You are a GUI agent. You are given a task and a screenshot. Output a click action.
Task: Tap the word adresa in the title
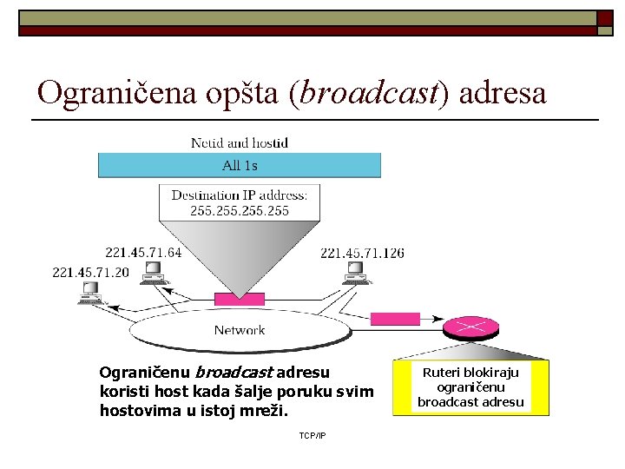pyautogui.click(x=503, y=92)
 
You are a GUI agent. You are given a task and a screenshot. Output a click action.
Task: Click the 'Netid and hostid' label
pyautogui.click(x=240, y=142)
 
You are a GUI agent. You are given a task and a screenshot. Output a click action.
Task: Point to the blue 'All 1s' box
pyautogui.click(x=240, y=165)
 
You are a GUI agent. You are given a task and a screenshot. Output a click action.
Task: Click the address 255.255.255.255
pyautogui.click(x=240, y=211)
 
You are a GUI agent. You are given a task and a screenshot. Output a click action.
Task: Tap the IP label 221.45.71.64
pyautogui.click(x=144, y=253)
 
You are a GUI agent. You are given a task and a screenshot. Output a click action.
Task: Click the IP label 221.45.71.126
pyautogui.click(x=362, y=253)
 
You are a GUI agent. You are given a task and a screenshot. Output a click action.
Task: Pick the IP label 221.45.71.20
pyautogui.click(x=90, y=272)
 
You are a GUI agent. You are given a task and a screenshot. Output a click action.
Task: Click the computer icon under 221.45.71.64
pyautogui.click(x=154, y=274)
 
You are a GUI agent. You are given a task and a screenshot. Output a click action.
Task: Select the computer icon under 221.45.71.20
pyautogui.click(x=89, y=294)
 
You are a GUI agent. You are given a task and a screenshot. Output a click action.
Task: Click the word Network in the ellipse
pyautogui.click(x=240, y=330)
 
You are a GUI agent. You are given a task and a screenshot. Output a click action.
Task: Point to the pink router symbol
pyautogui.click(x=471, y=327)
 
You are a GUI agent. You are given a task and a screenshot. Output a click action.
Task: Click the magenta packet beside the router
pyautogui.click(x=395, y=319)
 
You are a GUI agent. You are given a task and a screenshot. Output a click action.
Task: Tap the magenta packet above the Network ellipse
pyautogui.click(x=240, y=299)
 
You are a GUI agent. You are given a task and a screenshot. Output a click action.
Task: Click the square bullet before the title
pyautogui.click(x=604, y=17)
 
